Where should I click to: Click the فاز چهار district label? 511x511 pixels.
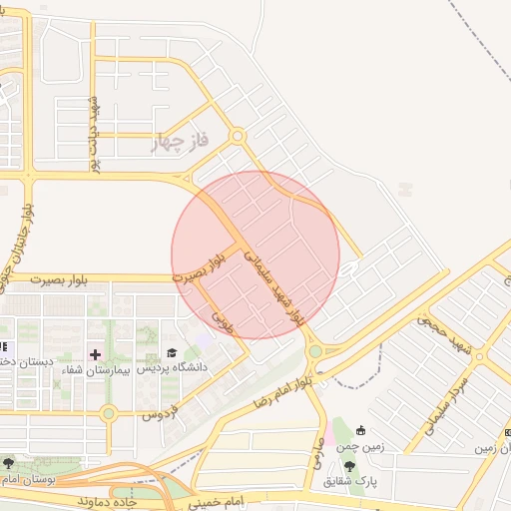pos(181,143)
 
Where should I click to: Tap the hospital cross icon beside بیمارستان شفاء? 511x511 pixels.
pos(96,354)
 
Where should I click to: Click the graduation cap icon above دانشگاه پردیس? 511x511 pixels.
pos(172,353)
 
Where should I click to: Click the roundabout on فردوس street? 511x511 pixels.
pos(109,413)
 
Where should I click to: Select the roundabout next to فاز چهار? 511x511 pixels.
pos(238,136)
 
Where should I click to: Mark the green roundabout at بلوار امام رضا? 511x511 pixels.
pos(315,350)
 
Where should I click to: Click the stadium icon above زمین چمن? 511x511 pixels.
pos(360,431)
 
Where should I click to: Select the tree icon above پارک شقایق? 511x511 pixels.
pos(348,466)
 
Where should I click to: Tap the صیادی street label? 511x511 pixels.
pos(318,429)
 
